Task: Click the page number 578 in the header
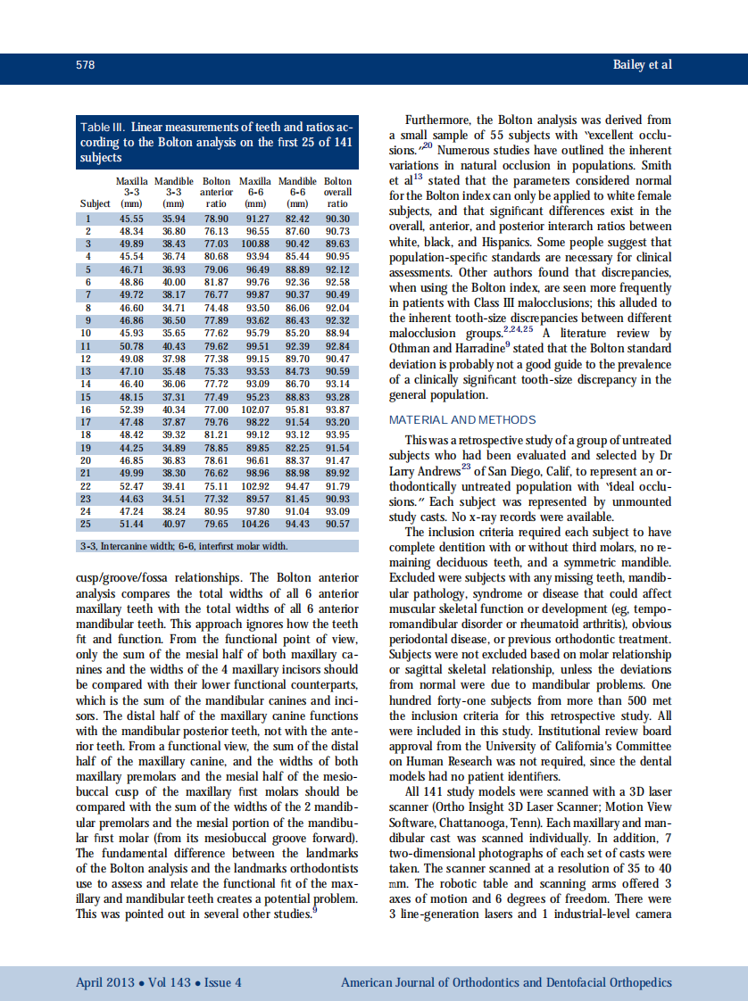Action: point(86,65)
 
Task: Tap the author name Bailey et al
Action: point(643,65)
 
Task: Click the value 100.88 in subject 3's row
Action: point(255,242)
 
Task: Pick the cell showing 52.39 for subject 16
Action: point(131,409)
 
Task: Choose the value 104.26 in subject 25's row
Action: point(255,524)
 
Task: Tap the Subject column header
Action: point(96,203)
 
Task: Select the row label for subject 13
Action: point(87,371)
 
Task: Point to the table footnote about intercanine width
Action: point(183,546)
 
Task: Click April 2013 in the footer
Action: point(105,982)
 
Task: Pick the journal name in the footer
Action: point(506,982)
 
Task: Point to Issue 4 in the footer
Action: point(223,982)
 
